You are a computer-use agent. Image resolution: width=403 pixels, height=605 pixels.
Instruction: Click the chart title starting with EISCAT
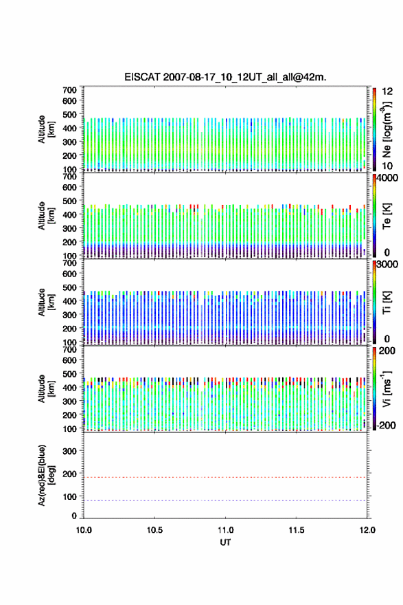[225, 77]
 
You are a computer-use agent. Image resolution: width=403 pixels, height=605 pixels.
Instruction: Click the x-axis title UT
[225, 542]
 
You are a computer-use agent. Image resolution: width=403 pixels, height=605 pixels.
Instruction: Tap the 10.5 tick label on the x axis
[154, 530]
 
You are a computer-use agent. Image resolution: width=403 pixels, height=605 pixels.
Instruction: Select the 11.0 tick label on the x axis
[225, 530]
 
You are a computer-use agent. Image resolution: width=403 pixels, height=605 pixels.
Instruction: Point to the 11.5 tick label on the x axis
[297, 530]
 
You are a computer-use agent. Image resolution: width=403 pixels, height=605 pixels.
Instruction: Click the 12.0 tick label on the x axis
[367, 530]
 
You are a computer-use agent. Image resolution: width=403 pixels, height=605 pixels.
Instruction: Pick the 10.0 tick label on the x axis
[84, 530]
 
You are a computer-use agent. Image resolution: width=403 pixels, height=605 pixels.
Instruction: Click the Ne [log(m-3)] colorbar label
[387, 130]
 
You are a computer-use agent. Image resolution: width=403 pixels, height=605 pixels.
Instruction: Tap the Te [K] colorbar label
[387, 216]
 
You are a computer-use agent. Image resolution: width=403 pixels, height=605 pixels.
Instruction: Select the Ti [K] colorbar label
[387, 302]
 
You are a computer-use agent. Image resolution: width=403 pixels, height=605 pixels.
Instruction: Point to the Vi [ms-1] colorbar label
[387, 389]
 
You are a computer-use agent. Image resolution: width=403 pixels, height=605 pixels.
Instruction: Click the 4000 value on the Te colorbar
[387, 178]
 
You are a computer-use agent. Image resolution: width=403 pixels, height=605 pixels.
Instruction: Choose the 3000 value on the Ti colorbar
[387, 265]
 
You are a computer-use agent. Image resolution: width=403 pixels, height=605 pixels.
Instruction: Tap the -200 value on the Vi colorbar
[386, 425]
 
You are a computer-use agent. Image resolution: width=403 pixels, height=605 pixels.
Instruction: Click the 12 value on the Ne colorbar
[387, 91]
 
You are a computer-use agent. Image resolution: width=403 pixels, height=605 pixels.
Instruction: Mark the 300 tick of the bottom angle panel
[69, 451]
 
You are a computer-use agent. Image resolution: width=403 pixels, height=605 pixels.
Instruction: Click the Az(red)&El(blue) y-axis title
[46, 475]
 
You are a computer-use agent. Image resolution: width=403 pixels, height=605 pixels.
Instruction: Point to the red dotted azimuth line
[225, 477]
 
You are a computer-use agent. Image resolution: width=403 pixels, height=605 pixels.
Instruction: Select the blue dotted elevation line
[225, 500]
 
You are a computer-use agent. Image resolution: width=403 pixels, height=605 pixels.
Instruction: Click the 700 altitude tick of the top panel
[69, 90]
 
